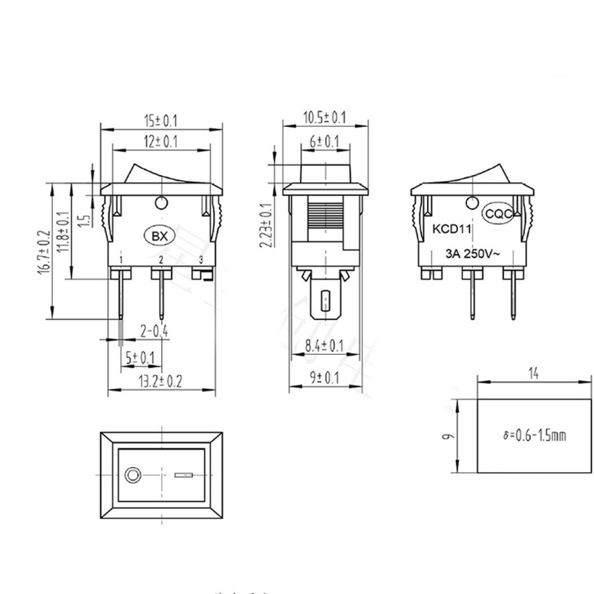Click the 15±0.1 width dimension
tap(161, 118)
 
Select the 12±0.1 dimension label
tap(161, 141)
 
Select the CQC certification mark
tap(497, 213)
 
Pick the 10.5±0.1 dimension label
tap(325, 117)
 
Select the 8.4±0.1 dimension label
tap(324, 345)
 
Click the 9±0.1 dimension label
tap(324, 377)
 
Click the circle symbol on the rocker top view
tap(134, 474)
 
